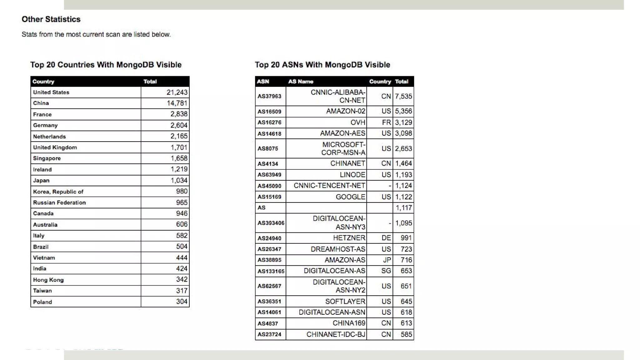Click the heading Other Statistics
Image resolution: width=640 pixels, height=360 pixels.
(51, 19)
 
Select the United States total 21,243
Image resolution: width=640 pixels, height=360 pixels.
(177, 92)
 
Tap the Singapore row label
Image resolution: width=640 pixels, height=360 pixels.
(47, 158)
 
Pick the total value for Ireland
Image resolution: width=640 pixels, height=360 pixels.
(179, 169)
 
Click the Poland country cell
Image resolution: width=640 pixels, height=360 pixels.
(42, 302)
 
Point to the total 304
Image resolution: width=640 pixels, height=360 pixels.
(182, 302)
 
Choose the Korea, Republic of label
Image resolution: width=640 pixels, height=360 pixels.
(58, 192)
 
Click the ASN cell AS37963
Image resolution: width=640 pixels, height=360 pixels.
(269, 96)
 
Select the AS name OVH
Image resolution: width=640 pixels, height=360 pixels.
(357, 122)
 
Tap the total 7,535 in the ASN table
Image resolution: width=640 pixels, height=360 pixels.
(403, 96)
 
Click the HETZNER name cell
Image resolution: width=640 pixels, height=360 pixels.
(349, 238)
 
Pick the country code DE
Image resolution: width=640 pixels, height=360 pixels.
(386, 238)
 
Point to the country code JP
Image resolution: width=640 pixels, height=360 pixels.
(387, 260)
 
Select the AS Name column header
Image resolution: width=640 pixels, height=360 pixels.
(301, 82)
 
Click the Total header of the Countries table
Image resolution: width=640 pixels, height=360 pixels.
(150, 82)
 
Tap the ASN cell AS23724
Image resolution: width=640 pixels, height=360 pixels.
(269, 334)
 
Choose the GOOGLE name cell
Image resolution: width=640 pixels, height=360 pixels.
(350, 197)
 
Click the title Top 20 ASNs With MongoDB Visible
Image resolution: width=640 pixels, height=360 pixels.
(322, 65)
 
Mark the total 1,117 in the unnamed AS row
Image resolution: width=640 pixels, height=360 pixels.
(404, 208)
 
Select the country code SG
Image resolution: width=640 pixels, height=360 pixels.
(386, 271)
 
